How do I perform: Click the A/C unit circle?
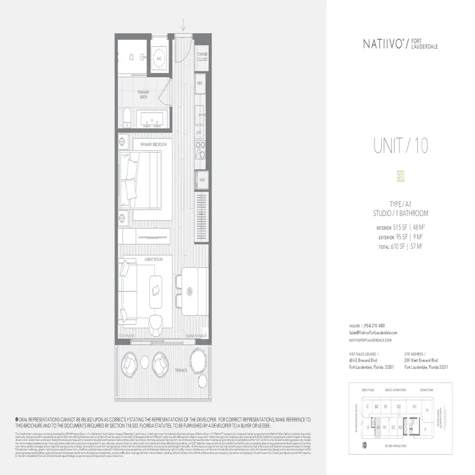(x=159, y=59)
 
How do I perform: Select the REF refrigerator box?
(x=200, y=83)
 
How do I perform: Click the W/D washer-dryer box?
(x=202, y=179)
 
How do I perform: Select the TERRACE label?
(x=180, y=370)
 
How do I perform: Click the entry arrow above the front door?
(x=185, y=24)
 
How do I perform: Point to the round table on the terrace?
(x=198, y=359)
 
